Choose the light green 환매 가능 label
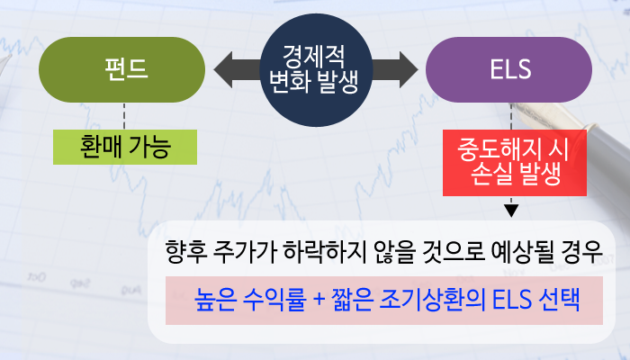coord(125,147)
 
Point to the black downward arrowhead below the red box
coord(511,212)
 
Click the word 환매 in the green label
coord(100,147)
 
